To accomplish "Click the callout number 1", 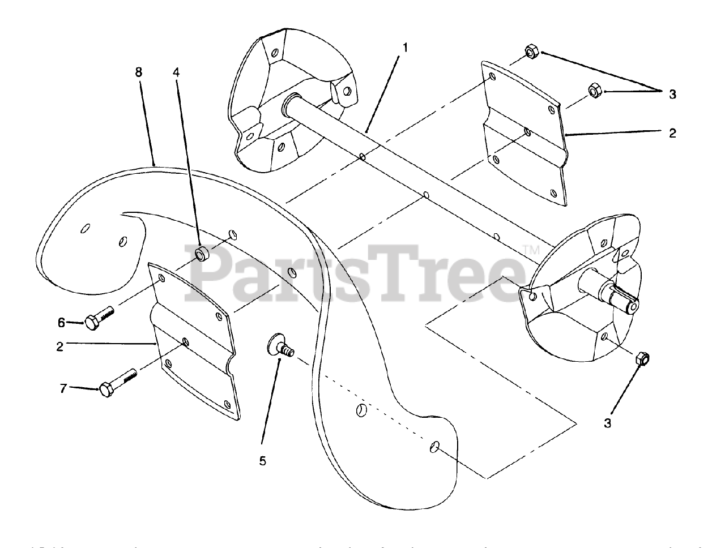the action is (405, 48).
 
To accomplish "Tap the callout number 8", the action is (139, 72).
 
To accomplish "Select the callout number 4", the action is (177, 72).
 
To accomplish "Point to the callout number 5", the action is (262, 460).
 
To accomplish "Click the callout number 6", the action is (62, 323).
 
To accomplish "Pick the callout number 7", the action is (63, 388).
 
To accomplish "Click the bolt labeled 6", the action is (99, 318).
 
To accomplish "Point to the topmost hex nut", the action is (531, 52).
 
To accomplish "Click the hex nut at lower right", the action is (642, 358).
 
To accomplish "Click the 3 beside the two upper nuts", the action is (672, 94).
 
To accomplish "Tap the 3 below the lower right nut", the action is (607, 423).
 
